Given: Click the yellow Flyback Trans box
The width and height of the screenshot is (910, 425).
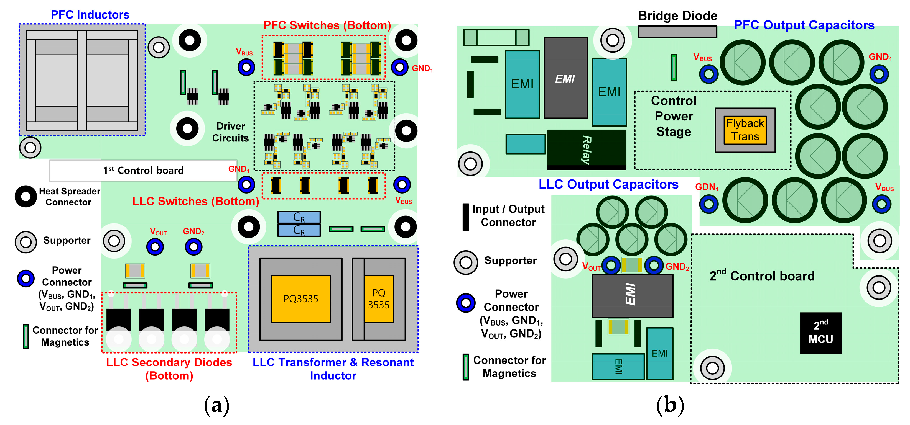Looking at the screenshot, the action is pos(745,130).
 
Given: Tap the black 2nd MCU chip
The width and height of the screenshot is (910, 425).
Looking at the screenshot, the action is pos(821,333).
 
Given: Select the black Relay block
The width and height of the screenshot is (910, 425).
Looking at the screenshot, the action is pos(587,150).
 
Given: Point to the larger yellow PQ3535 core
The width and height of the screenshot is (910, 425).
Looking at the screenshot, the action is pos(301,299).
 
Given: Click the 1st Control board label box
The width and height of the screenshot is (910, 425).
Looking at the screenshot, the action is pos(143,171).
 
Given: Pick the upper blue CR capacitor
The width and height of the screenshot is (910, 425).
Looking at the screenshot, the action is pos(299,217).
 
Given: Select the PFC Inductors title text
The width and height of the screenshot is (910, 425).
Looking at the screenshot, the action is pos(90,15).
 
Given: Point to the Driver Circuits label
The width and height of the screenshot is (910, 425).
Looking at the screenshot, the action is pos(230,132).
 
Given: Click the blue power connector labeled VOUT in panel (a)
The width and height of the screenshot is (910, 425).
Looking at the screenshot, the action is pos(155,247).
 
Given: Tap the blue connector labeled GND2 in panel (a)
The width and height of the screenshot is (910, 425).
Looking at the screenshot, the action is pos(193,247).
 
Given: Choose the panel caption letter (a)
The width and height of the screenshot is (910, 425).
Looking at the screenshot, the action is pos(216,405).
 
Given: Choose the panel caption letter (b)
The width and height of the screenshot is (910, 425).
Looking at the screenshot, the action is pos(670,405).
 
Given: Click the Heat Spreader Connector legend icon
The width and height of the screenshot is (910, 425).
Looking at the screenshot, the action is pos(26,197).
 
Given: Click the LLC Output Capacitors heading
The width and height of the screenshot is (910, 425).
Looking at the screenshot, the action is pos(608,184).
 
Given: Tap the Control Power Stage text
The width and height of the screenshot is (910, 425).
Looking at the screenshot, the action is pos(674,116).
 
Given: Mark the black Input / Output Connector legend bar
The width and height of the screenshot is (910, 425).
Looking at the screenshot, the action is pos(466,217).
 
